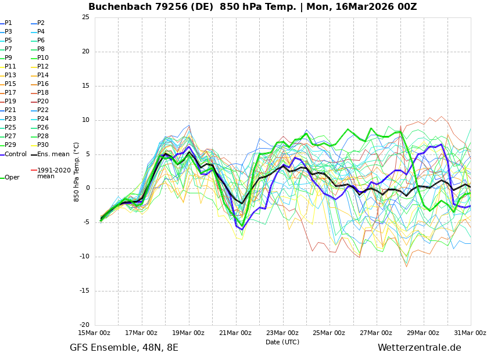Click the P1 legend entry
coord(8,23)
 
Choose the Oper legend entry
coord(12,178)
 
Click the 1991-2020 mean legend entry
coord(53,173)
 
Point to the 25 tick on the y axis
coord(85,17)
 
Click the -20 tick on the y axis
coord(84,325)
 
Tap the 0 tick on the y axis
coord(87,188)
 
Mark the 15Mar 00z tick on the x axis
coord(94,333)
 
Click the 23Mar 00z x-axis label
coord(282,333)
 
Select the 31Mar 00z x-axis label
coord(470,333)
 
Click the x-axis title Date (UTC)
coord(282,342)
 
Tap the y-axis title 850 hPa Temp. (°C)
coord(77,171)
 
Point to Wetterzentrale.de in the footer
coord(419,348)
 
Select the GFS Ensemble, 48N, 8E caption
coord(124,348)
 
